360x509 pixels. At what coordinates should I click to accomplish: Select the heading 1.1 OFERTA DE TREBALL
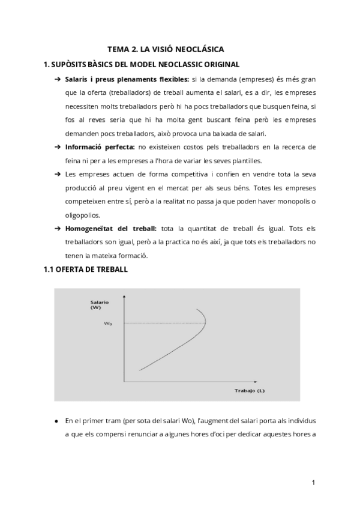point(85,270)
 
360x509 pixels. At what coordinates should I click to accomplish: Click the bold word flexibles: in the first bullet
point(170,79)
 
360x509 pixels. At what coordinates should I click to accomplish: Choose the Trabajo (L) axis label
point(250,391)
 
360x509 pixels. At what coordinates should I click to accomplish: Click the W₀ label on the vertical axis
point(109,324)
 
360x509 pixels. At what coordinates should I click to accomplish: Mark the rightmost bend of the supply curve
point(206,323)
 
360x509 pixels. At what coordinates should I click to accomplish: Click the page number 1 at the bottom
point(314,482)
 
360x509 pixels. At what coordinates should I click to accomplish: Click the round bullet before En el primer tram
point(56,420)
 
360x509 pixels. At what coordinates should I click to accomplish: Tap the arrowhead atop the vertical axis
point(124,295)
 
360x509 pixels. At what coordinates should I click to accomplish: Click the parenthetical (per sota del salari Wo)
point(157,420)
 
